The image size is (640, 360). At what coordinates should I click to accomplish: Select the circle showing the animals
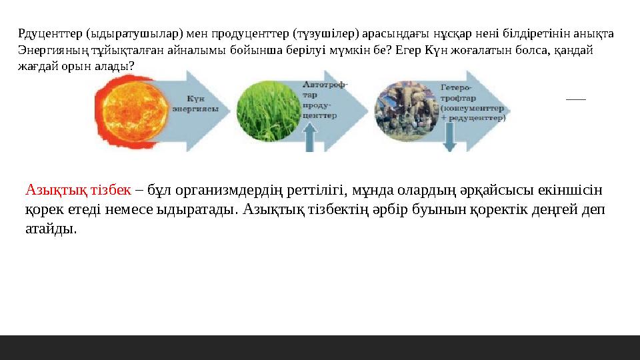click(406, 110)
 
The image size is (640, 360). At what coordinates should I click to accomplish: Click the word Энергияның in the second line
click(48, 49)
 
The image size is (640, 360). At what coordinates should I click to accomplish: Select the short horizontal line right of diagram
click(575, 99)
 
